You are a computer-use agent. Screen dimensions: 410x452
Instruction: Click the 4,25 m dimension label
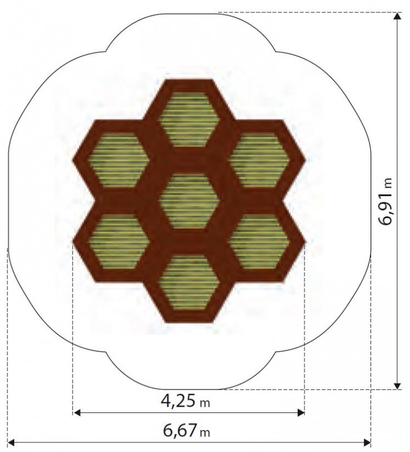pyautogui.click(x=186, y=401)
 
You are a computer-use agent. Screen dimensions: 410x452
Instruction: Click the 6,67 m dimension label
pyautogui.click(x=187, y=431)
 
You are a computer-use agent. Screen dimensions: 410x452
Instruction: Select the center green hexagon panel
pyautogui.click(x=188, y=201)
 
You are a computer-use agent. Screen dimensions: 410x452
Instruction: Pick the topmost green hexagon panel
pyautogui.click(x=188, y=120)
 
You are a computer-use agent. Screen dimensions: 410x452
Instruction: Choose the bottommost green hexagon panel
pyautogui.click(x=188, y=282)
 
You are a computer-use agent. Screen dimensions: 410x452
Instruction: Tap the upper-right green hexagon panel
pyautogui.click(x=259, y=160)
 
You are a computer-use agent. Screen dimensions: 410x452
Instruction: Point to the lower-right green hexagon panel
pyautogui.click(x=259, y=241)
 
